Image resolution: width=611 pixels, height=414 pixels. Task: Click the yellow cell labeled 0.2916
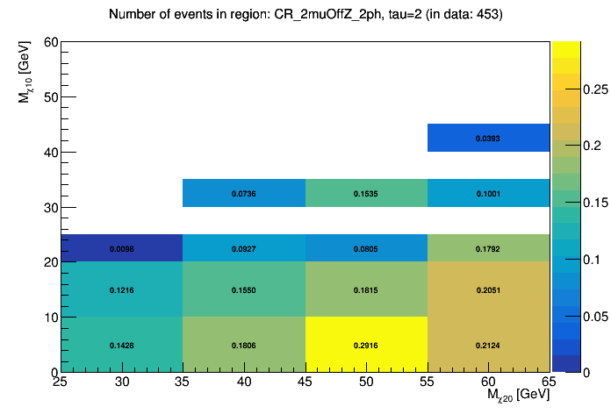click(x=366, y=345)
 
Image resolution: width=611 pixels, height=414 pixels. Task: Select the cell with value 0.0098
click(x=121, y=248)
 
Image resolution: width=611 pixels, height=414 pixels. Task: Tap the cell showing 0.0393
click(x=488, y=138)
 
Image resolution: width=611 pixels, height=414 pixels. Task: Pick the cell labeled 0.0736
click(x=244, y=193)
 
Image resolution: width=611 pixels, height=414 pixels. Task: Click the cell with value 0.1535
click(x=366, y=193)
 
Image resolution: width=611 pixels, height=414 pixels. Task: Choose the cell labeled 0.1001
click(x=488, y=193)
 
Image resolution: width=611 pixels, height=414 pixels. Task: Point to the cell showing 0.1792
click(x=488, y=248)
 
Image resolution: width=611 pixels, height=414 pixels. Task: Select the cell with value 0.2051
click(x=488, y=289)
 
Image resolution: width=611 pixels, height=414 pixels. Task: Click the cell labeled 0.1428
click(x=121, y=345)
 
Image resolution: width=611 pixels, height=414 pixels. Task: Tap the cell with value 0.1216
click(x=121, y=289)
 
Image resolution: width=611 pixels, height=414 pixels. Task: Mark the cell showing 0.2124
click(x=488, y=345)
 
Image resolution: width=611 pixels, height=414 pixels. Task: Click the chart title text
click(x=305, y=15)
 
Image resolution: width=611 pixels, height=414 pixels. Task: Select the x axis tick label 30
click(x=122, y=382)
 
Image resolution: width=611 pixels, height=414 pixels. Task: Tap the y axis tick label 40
click(x=51, y=153)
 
